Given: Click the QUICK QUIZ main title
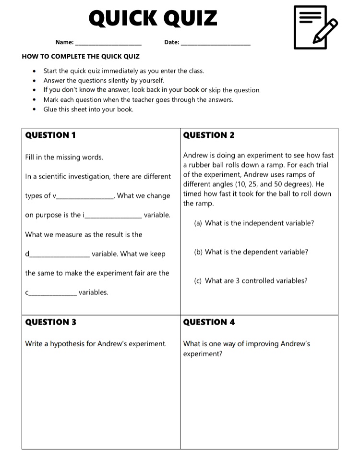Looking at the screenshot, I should tap(153, 18).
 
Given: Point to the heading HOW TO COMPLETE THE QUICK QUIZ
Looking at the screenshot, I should tap(81, 56).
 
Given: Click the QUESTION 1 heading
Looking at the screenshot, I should tap(50, 135).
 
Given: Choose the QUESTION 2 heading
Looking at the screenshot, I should tap(209, 135).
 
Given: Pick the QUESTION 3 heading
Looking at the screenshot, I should tap(50, 322).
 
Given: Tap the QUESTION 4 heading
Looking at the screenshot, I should tap(209, 322).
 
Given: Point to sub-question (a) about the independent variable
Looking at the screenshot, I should tap(254, 223).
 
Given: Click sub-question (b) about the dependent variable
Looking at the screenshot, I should tap(251, 252).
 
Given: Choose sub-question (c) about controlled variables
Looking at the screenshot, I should tap(251, 281).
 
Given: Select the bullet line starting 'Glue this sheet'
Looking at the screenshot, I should tap(88, 109).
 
